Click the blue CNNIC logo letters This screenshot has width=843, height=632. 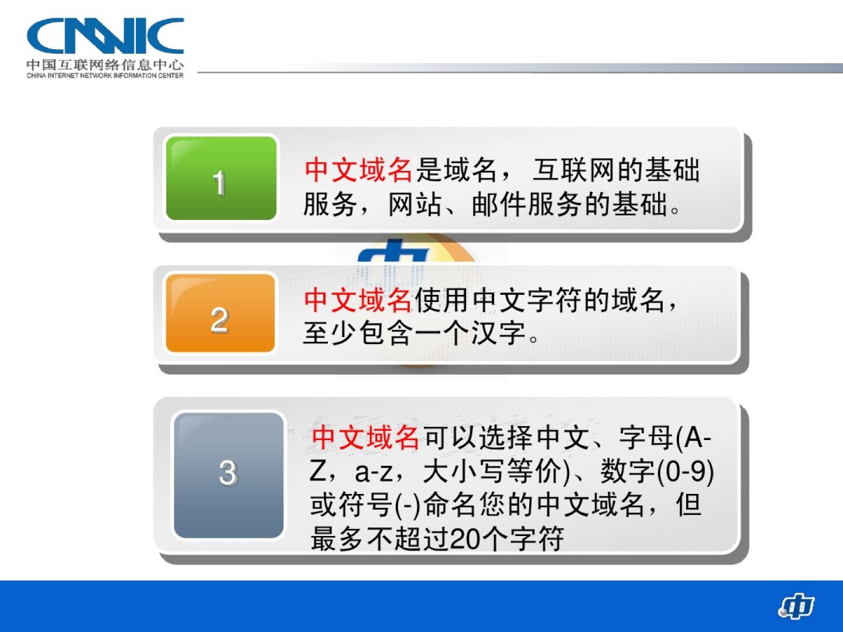105,35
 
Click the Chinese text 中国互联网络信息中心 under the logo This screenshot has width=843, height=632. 105,64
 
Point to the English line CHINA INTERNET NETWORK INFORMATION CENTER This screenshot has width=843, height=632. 105,75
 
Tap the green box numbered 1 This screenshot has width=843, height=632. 221,178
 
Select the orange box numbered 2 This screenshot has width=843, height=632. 221,313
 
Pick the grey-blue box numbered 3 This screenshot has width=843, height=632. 229,475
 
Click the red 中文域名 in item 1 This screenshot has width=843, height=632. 358,170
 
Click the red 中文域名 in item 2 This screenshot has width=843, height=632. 358,300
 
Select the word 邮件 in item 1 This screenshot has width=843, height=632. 499,204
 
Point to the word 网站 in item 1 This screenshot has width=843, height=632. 415,204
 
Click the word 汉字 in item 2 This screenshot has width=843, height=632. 499,333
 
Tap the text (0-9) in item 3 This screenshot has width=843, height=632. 685,471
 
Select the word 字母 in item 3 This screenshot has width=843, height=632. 646,438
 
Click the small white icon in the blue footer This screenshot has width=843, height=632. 797,606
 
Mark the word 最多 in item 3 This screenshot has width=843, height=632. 337,539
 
